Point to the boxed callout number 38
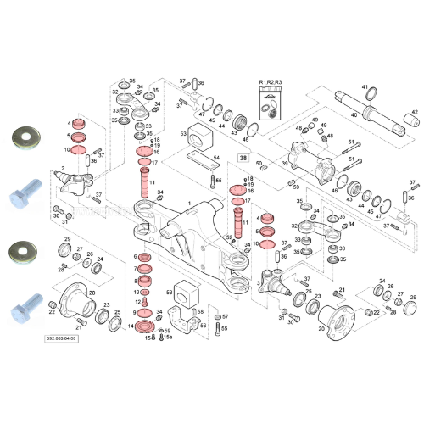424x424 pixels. [243, 157]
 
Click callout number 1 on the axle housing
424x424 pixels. [190, 203]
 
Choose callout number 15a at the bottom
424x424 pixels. [167, 338]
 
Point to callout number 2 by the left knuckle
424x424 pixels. [60, 170]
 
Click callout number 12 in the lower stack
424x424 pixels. [136, 303]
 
